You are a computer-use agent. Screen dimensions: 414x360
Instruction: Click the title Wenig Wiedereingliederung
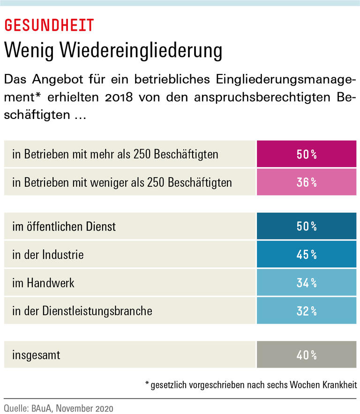(x=113, y=50)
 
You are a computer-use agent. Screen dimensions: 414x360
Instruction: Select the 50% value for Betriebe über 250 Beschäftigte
(x=307, y=154)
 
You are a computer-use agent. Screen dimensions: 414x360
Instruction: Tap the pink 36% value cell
(x=307, y=182)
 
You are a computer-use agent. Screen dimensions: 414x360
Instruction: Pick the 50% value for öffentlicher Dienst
(x=307, y=227)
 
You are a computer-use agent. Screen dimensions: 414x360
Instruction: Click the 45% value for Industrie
(x=307, y=255)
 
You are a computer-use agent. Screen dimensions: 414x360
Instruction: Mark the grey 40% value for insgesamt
(x=307, y=355)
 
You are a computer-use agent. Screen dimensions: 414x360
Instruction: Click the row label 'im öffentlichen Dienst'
(x=64, y=227)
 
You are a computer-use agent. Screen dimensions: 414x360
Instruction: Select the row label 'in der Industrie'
(x=48, y=255)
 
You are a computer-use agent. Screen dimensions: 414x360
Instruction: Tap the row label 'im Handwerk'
(x=43, y=283)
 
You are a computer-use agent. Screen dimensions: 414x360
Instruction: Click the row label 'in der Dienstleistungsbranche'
(x=82, y=310)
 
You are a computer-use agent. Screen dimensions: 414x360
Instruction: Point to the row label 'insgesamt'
(x=36, y=355)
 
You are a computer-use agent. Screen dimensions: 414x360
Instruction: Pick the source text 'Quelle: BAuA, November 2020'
(x=59, y=408)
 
